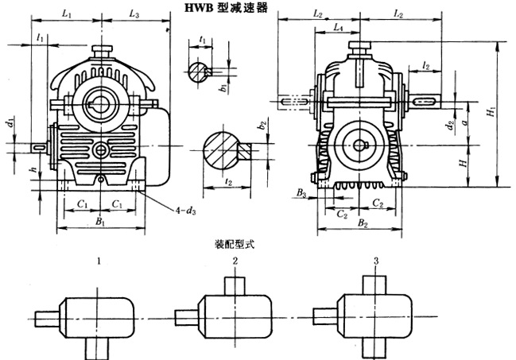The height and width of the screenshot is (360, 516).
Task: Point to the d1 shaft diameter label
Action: (x=10, y=124)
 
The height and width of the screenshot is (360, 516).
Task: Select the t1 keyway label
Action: (x=204, y=37)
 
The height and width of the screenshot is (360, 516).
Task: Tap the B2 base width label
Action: (x=363, y=225)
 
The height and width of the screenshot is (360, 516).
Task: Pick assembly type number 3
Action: (x=374, y=260)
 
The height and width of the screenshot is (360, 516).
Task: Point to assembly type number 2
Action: (x=235, y=260)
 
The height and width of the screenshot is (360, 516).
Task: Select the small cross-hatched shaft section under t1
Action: (x=198, y=70)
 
